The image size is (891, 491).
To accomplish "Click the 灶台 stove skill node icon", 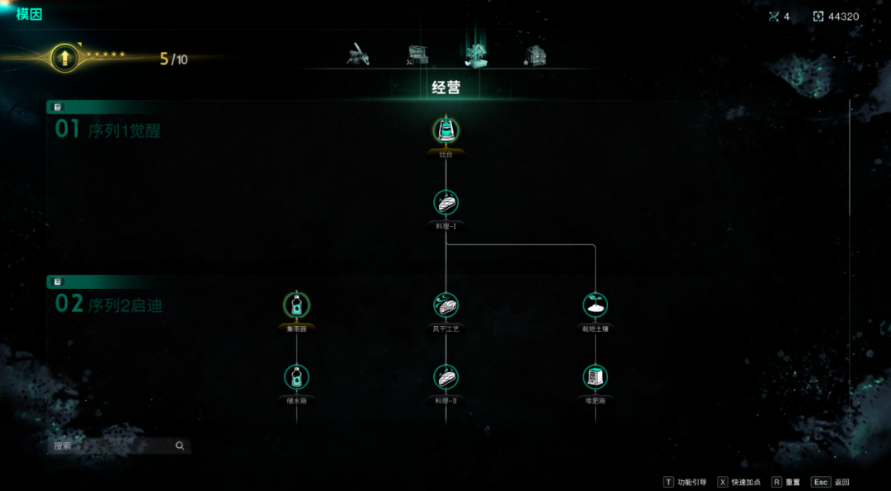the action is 445,130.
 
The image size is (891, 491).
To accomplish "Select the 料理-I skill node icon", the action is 445,202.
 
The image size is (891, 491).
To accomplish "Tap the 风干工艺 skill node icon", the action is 445,305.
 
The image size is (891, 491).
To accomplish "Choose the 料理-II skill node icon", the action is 445,377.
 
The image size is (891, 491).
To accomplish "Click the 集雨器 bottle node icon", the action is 296,305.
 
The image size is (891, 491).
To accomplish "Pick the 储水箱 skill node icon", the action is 296,377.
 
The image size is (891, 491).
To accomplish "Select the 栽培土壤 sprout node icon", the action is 595,305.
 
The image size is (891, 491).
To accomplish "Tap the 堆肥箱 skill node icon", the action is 595,377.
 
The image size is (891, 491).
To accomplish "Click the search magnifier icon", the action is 180,446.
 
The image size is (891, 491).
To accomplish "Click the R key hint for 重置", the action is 776,482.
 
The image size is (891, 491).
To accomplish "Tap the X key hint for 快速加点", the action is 723,482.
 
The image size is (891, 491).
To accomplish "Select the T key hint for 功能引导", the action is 668,482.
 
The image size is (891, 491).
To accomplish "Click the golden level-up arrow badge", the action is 64,57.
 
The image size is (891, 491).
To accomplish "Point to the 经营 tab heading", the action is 445,87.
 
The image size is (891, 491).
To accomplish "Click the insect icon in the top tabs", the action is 358,54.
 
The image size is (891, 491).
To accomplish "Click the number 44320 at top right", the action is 841,17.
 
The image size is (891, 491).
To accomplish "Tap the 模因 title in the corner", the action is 29,14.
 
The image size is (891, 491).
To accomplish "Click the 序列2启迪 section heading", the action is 125,305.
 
